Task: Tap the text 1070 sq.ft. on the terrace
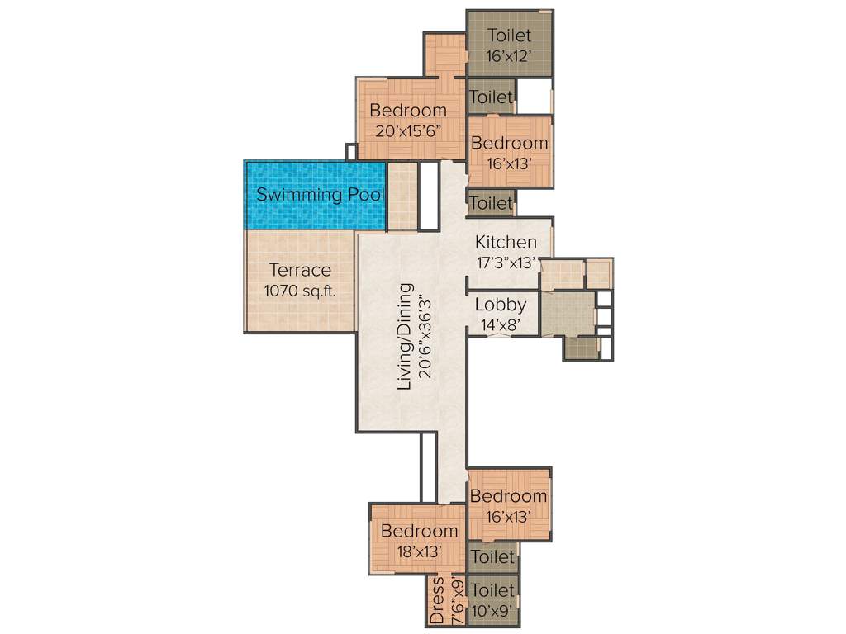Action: [299, 291]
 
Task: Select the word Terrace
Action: [300, 270]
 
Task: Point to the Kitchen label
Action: [506, 243]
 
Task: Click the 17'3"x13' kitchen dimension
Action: [506, 263]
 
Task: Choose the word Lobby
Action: [500, 305]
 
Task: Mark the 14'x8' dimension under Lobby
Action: [500, 324]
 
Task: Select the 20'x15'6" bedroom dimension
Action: [408, 130]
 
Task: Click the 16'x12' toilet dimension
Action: [509, 55]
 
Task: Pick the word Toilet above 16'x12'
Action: [509, 35]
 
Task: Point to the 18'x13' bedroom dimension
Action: [418, 551]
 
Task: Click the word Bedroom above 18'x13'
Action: [418, 531]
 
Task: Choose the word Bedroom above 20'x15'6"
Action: [408, 110]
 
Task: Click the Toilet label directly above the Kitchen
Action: [492, 202]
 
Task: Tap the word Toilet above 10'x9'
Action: [493, 590]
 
